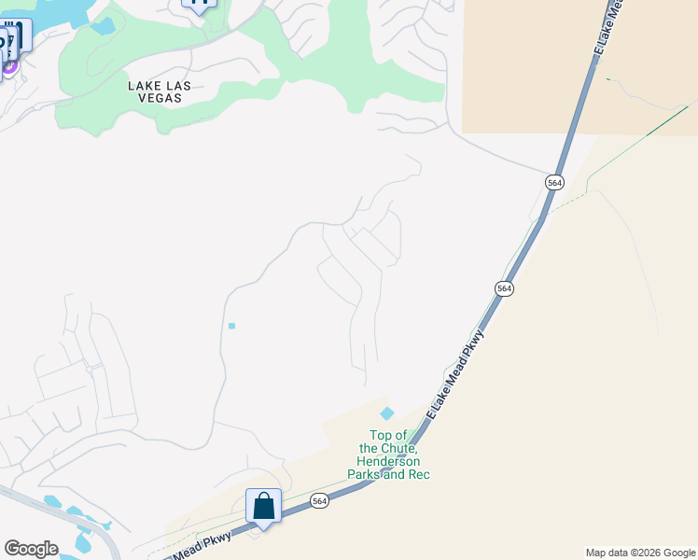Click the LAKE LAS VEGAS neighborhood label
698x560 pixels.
(x=160, y=91)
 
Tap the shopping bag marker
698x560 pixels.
(x=264, y=507)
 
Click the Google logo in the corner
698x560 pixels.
(x=31, y=549)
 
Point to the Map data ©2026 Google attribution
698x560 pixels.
(x=640, y=553)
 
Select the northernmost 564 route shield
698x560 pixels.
(x=555, y=183)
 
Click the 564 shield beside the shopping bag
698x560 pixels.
(x=320, y=501)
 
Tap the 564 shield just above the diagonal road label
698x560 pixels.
(x=504, y=289)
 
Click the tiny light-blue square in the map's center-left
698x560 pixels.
(x=231, y=326)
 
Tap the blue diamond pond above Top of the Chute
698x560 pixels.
(x=387, y=413)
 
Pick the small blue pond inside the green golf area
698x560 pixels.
(x=103, y=25)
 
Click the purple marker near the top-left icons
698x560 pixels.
(x=9, y=65)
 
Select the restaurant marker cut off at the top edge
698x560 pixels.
(x=199, y=3)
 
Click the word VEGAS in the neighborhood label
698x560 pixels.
(x=160, y=97)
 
